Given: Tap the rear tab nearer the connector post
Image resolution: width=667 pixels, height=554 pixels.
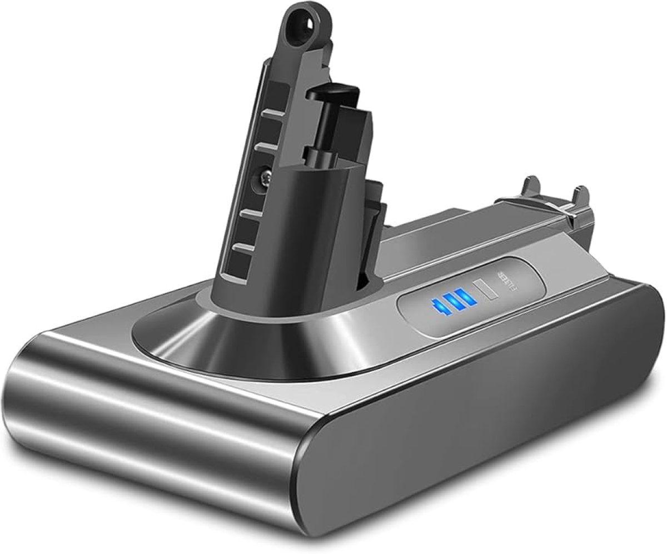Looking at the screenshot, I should click(530, 187).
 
